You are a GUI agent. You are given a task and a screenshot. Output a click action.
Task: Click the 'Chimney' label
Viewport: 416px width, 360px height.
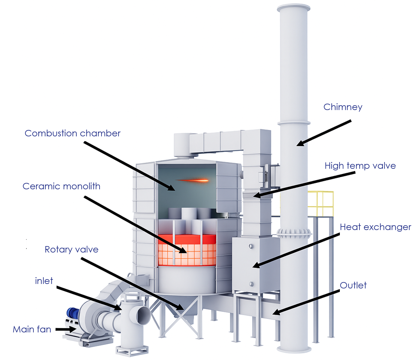(x=343, y=107)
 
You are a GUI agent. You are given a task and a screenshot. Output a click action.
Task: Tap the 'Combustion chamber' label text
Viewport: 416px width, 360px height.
(x=73, y=133)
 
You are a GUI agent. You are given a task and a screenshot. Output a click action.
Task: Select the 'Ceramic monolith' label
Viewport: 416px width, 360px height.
(x=61, y=186)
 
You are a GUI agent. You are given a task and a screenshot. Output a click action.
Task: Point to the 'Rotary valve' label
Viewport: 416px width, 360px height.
(x=71, y=249)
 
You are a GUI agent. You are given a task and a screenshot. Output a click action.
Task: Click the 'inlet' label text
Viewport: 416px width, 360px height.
(x=44, y=281)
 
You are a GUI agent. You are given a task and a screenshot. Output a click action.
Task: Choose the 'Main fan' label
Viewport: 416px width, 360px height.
(x=32, y=329)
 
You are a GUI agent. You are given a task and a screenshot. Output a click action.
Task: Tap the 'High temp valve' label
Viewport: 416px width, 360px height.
(x=360, y=166)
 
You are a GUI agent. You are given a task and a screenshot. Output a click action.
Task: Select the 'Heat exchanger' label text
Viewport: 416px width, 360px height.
(x=375, y=227)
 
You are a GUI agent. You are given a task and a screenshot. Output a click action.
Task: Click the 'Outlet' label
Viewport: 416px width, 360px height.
(x=353, y=285)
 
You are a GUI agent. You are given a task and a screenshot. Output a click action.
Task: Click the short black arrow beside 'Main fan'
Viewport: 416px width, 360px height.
(x=66, y=329)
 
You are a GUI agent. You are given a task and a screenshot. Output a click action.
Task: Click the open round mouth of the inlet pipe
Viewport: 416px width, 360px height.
(x=144, y=316)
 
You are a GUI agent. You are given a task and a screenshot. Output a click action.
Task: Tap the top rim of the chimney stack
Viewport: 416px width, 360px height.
(x=293, y=7)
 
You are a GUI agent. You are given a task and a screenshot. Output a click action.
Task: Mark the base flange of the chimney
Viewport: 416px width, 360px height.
(x=294, y=349)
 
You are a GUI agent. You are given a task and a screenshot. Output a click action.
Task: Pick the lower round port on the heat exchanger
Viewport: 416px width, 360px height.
(x=251, y=284)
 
